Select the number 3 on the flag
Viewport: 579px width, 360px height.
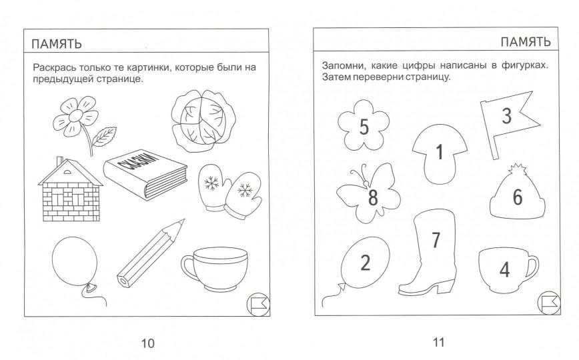pos(506,116)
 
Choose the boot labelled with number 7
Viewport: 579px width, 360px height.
pos(427,257)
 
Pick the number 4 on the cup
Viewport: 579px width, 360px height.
pos(506,269)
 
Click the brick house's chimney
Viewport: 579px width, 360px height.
pos(59,163)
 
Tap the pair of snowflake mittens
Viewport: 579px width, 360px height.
pos(227,189)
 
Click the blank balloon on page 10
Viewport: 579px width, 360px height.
pos(72,261)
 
